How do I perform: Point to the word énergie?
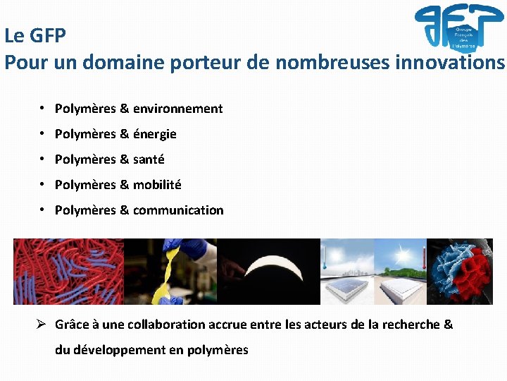pos(154,134)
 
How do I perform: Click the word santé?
pos(149,159)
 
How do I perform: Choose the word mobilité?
pos(157,185)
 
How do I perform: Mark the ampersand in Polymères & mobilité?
pos(125,185)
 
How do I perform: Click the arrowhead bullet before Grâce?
pos(42,325)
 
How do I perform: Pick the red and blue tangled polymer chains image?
pos(68,272)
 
